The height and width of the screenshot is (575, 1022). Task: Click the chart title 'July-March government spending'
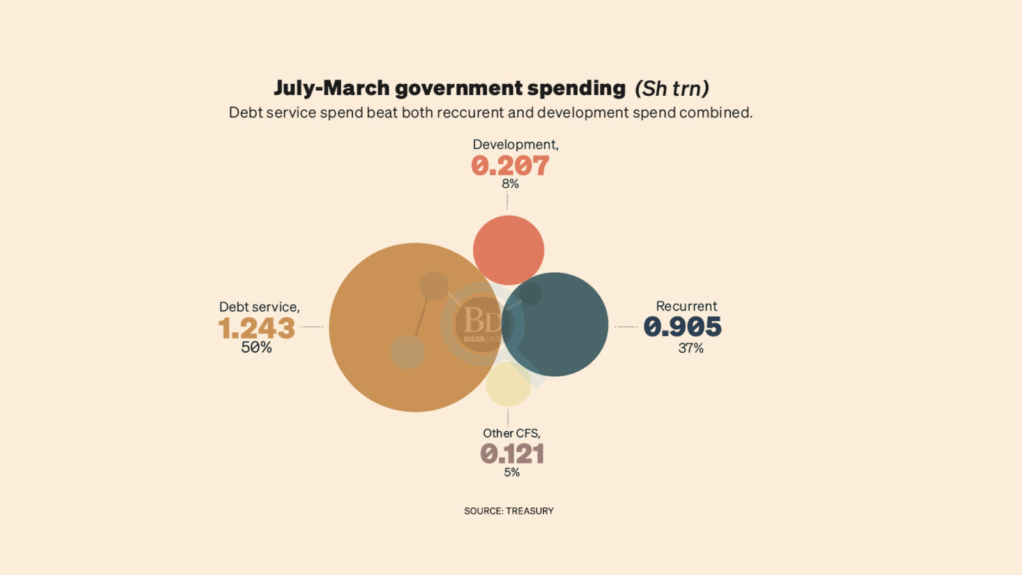450,88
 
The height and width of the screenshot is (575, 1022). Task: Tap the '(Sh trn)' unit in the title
672,89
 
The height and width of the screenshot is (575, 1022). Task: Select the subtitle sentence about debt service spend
491,113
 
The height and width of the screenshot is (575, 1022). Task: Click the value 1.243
257,328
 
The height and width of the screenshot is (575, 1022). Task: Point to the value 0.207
510,166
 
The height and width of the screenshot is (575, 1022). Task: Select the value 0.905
682,327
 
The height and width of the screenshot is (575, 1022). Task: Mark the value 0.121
512,454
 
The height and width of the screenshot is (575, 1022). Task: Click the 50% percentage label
256,348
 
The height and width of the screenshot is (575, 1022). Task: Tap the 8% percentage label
510,184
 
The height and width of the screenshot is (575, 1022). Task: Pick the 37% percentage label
690,348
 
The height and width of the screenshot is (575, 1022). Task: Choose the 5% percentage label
512,473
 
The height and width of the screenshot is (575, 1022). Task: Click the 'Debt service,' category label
259,307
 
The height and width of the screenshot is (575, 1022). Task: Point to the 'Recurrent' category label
686,307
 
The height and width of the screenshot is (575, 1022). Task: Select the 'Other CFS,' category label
511,434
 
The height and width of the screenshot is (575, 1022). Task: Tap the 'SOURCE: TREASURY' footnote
508,511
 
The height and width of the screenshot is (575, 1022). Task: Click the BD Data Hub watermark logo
483,324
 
